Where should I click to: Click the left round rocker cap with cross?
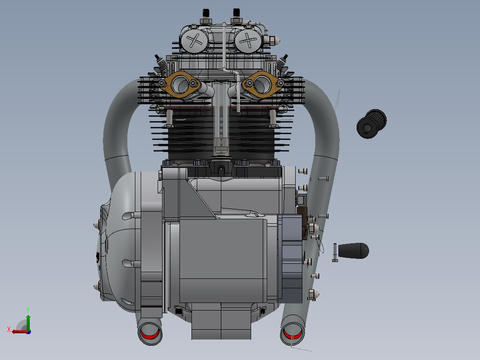coord(194,41)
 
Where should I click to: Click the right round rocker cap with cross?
coord(248,41)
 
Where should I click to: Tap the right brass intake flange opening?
coord(261,84)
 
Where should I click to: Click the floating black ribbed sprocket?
coord(371,124)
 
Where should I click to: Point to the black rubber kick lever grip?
coord(353,251)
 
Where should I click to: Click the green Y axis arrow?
coord(28,322)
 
